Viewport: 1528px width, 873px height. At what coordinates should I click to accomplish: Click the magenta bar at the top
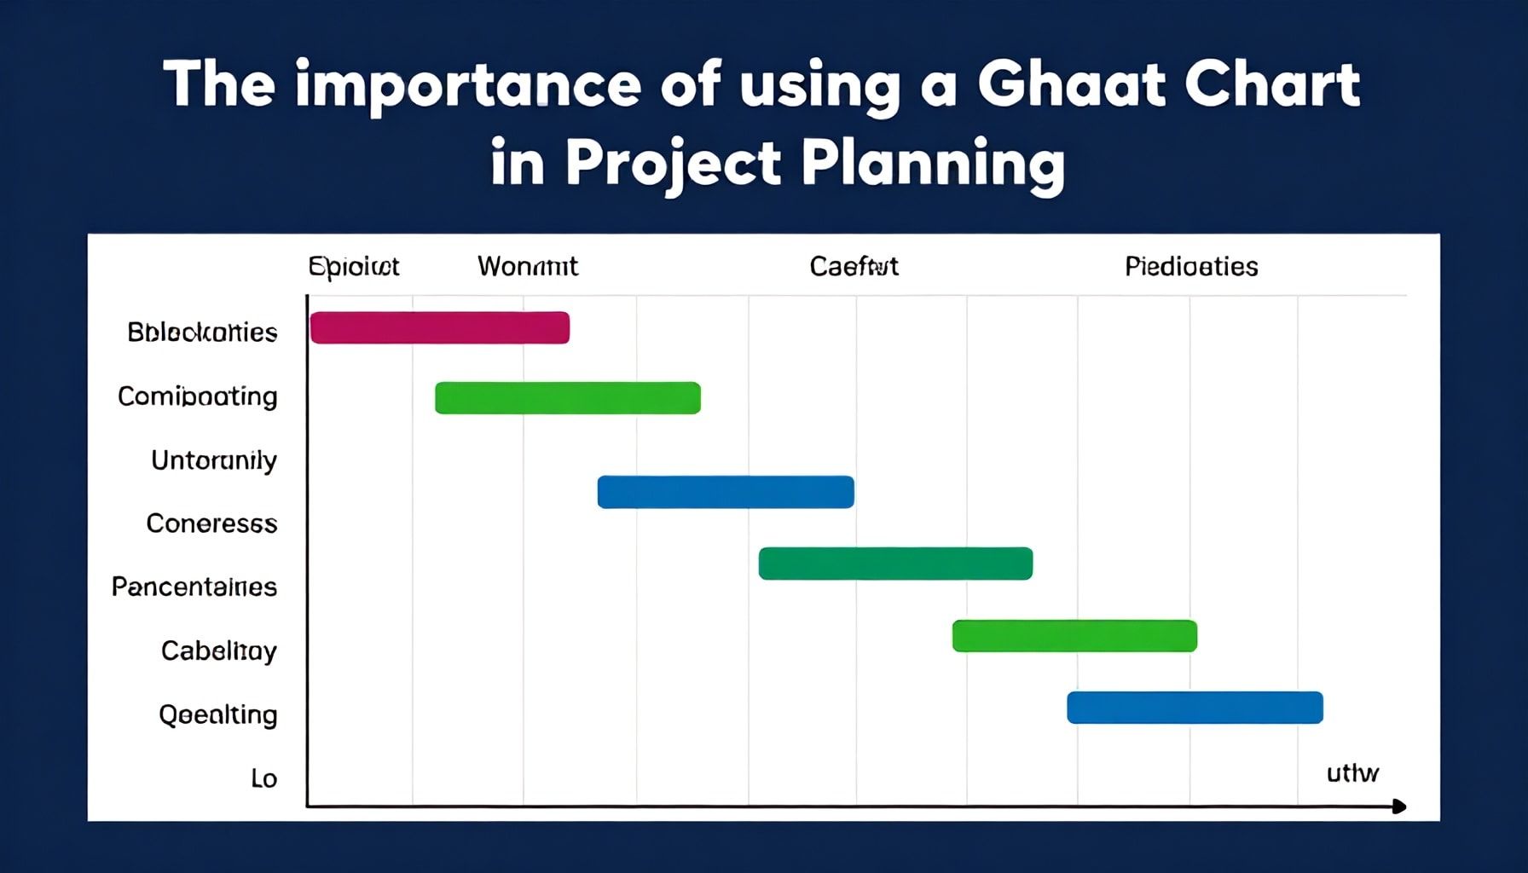(x=439, y=328)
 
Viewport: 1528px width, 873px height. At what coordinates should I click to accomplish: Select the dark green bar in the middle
(x=895, y=564)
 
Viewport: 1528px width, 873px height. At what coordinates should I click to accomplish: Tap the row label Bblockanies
(x=202, y=332)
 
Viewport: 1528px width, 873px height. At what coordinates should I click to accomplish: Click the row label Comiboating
(x=197, y=396)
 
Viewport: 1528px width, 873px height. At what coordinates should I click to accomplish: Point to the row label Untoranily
(x=213, y=460)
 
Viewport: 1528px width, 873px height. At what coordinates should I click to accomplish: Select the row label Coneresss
(x=211, y=523)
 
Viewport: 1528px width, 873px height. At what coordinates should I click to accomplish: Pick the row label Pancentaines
(x=194, y=587)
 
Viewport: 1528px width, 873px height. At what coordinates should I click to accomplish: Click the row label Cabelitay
(x=218, y=650)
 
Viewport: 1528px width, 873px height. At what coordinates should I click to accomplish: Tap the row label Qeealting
(x=217, y=714)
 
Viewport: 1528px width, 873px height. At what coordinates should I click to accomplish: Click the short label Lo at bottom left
(x=263, y=778)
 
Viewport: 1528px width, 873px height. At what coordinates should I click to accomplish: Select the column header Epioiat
(x=353, y=267)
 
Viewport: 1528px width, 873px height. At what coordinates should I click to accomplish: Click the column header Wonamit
(x=527, y=267)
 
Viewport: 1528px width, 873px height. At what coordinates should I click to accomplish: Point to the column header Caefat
(x=854, y=267)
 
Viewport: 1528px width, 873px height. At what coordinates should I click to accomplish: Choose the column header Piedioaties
(x=1191, y=267)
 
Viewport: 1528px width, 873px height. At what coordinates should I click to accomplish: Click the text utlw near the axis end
(x=1352, y=773)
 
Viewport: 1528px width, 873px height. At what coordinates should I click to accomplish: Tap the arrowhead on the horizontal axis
(x=1398, y=806)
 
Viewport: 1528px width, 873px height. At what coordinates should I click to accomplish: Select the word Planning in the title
(x=933, y=164)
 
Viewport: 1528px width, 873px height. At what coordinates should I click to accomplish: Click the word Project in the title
(x=673, y=164)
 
